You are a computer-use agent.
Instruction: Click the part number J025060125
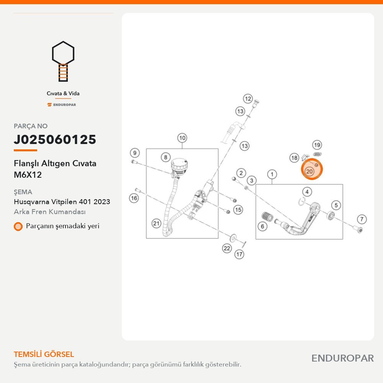[x=55, y=139]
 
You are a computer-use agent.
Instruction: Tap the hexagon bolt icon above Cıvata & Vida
[x=63, y=61]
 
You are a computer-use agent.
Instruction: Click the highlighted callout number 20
[x=309, y=172]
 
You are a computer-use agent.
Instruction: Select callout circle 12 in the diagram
[x=248, y=99]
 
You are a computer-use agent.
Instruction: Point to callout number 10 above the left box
[x=182, y=138]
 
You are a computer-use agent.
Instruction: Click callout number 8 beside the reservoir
[x=165, y=157]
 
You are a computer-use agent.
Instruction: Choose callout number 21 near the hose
[x=156, y=223]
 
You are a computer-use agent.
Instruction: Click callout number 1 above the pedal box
[x=272, y=174]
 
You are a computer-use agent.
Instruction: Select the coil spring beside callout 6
[x=267, y=216]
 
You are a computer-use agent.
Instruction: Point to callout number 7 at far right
[x=362, y=219]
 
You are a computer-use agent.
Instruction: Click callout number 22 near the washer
[x=227, y=249]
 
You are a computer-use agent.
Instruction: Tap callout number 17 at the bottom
[x=239, y=254]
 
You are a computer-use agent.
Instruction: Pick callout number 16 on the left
[x=134, y=198]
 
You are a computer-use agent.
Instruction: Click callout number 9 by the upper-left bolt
[x=134, y=153]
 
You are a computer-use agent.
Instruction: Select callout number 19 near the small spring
[x=317, y=145]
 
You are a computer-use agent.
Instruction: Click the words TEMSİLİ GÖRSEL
[x=44, y=354]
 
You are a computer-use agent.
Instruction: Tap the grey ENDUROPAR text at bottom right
[x=342, y=358]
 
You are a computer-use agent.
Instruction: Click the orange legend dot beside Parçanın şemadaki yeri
[x=18, y=226]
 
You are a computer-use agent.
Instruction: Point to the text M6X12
[x=28, y=175]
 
